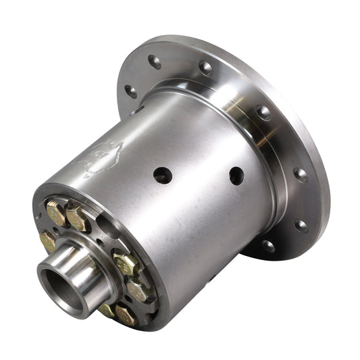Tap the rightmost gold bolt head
point(137,290)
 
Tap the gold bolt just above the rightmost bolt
point(125,262)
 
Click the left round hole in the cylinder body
point(162,176)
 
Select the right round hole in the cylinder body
point(236,176)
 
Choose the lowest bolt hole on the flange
point(268,247)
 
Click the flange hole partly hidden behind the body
point(138,110)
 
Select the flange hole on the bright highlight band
point(262,112)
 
